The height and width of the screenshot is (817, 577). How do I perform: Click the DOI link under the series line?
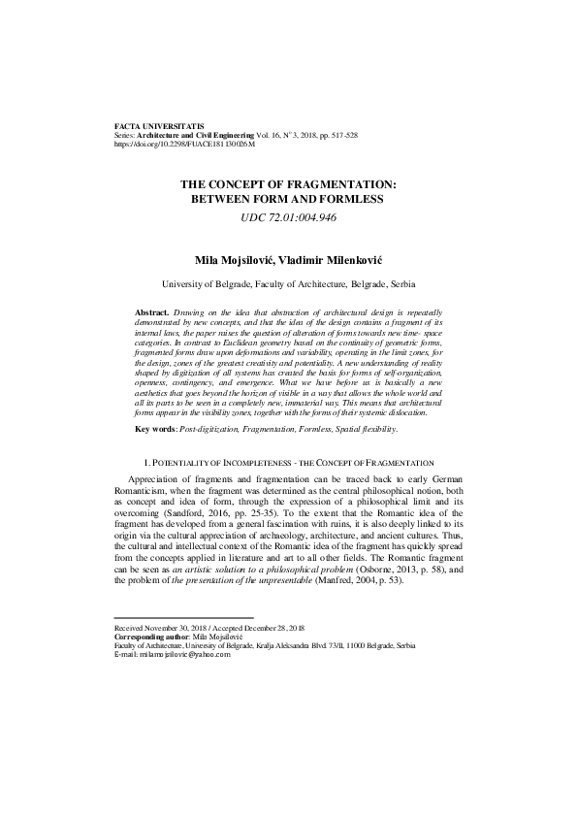(x=184, y=144)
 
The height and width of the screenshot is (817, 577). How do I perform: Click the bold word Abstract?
(x=151, y=312)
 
